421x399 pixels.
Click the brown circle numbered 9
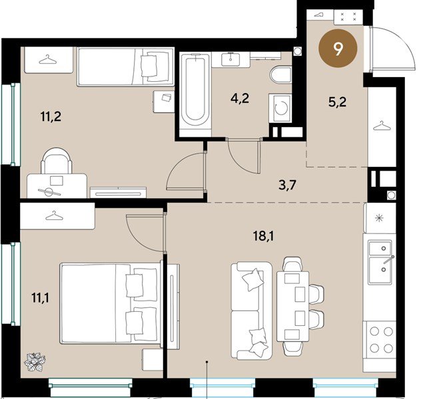click(338, 49)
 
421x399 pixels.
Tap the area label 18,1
click(263, 236)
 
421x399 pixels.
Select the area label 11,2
click(51, 116)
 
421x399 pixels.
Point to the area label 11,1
click(40, 297)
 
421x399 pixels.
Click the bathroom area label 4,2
click(240, 98)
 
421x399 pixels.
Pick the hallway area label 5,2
click(338, 102)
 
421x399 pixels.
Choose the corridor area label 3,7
click(288, 185)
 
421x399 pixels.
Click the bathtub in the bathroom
click(195, 92)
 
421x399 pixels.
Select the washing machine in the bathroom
click(280, 108)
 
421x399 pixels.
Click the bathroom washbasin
click(230, 59)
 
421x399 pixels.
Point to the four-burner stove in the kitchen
click(380, 340)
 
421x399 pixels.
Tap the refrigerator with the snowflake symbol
click(380, 217)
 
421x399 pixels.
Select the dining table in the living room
click(292, 306)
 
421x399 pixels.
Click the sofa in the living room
click(252, 311)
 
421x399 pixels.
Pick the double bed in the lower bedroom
click(110, 303)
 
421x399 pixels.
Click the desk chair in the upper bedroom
click(57, 161)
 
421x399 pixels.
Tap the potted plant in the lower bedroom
click(35, 362)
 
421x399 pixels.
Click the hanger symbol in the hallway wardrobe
click(381, 126)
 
